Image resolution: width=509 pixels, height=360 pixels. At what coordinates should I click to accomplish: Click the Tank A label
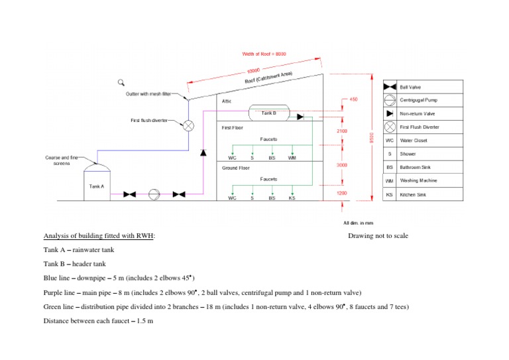(96, 186)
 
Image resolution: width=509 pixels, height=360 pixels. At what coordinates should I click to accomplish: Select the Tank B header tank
(268, 113)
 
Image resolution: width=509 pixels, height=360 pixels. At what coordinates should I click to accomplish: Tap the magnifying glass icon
(121, 82)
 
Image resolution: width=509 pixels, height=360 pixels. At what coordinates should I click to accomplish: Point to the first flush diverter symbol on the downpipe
(188, 125)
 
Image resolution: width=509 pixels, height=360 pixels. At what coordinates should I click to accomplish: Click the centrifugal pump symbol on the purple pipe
(154, 194)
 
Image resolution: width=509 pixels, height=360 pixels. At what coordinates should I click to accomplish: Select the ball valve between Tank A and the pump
(130, 194)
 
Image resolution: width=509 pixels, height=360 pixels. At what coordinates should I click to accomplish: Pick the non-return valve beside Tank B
(300, 117)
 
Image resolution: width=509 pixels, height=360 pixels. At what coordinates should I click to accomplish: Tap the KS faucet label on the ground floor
(292, 198)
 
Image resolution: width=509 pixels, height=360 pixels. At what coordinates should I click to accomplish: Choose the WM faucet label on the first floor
(292, 158)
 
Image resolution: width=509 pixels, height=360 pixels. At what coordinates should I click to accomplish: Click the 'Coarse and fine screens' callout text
(62, 160)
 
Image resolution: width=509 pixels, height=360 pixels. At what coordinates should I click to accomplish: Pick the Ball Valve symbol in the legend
(390, 87)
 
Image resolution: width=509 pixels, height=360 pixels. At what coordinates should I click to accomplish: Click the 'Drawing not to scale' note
(378, 236)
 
